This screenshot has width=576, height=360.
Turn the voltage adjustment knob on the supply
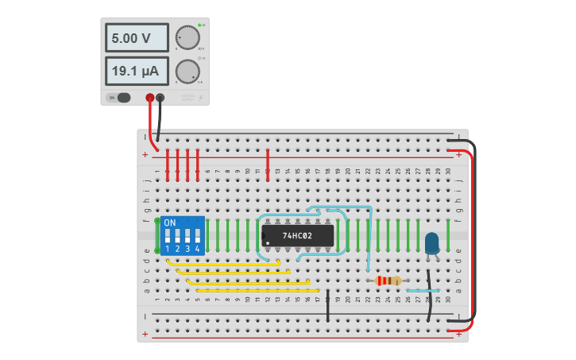(x=187, y=38)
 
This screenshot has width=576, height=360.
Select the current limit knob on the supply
(x=187, y=72)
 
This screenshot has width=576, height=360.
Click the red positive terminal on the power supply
(x=149, y=98)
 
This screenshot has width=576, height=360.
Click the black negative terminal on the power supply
(x=160, y=98)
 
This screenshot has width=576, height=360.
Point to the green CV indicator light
(x=199, y=25)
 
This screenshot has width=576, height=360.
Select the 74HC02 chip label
(x=297, y=236)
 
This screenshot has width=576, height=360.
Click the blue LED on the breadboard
(x=431, y=242)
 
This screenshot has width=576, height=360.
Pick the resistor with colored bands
(x=388, y=281)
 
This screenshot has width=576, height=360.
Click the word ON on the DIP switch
(x=170, y=223)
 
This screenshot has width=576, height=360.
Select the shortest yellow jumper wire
(x=222, y=262)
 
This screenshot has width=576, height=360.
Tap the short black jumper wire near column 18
(x=328, y=306)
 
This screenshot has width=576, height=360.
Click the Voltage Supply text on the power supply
(x=187, y=98)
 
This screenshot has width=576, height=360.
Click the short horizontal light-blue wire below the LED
(x=421, y=291)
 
